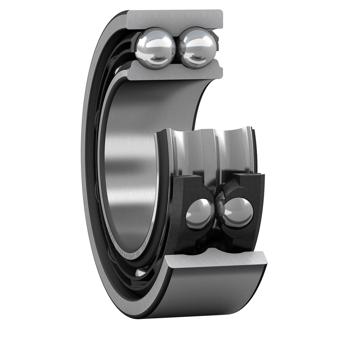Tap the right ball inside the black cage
[x=238, y=212]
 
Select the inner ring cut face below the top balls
[x=175, y=72]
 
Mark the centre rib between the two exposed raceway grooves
[x=212, y=151]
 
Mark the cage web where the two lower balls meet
[x=219, y=211]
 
